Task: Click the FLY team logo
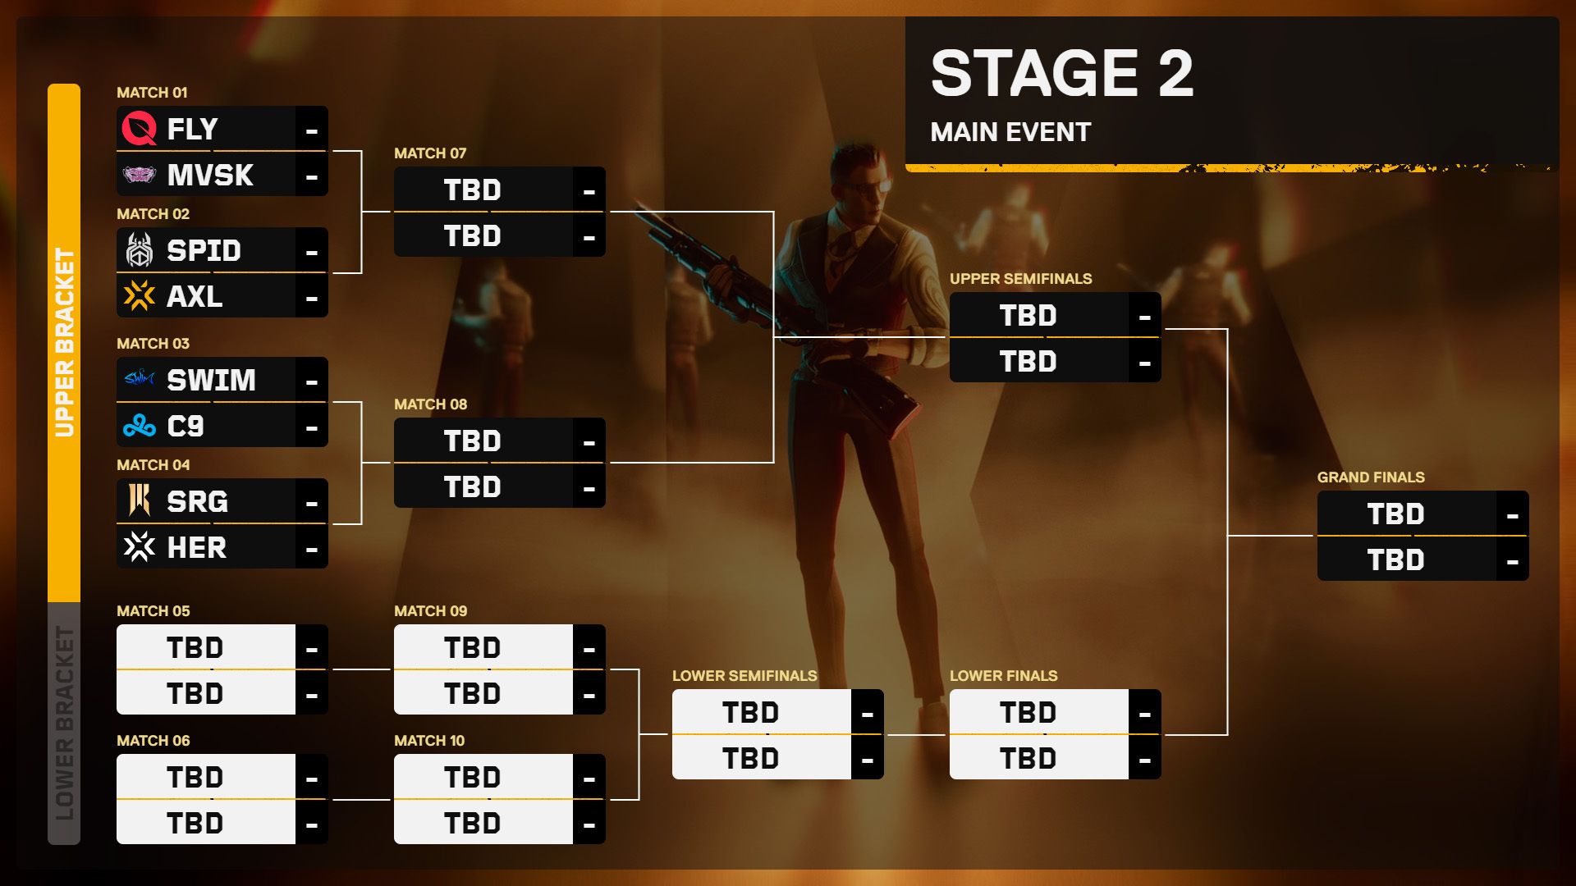139,129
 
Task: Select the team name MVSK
210,175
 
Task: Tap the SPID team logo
139,250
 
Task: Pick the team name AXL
195,296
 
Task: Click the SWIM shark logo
139,379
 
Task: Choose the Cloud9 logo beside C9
139,426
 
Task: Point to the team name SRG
197,501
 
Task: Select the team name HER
197,547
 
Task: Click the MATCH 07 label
430,153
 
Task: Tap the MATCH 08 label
430,404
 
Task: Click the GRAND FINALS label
1371,477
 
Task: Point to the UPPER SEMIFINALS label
1021,279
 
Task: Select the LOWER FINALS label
1004,676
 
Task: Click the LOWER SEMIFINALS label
744,676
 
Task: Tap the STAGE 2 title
1062,73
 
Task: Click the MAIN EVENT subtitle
1010,132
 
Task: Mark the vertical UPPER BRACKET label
64,343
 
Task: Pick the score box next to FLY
311,129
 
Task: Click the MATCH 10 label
429,741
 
